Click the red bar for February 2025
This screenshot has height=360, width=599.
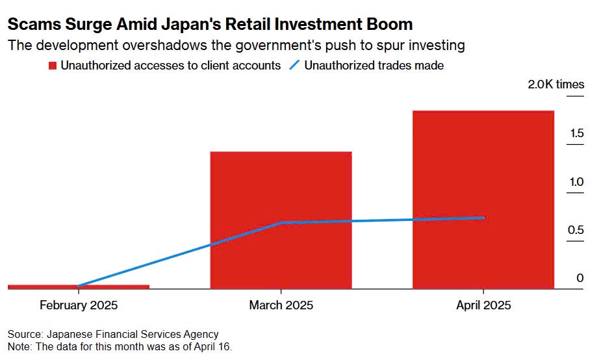(79, 286)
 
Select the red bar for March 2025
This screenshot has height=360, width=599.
(281, 220)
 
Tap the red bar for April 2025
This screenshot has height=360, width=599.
(483, 199)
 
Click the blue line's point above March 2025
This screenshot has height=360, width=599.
(281, 223)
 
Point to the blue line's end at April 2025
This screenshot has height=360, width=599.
(483, 218)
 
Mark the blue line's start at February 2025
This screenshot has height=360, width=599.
(79, 286)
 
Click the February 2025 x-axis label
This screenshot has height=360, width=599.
(79, 305)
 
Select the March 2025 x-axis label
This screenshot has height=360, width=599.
(281, 305)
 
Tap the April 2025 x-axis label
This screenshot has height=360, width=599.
(483, 305)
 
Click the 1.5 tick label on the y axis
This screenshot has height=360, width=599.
(577, 134)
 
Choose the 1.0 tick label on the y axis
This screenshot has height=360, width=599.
(577, 182)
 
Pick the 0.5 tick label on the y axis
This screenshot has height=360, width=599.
(577, 230)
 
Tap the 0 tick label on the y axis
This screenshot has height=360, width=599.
(580, 278)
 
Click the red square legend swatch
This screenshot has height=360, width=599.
(53, 66)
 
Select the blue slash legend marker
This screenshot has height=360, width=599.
(294, 66)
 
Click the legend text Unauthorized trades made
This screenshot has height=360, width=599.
(374, 66)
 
